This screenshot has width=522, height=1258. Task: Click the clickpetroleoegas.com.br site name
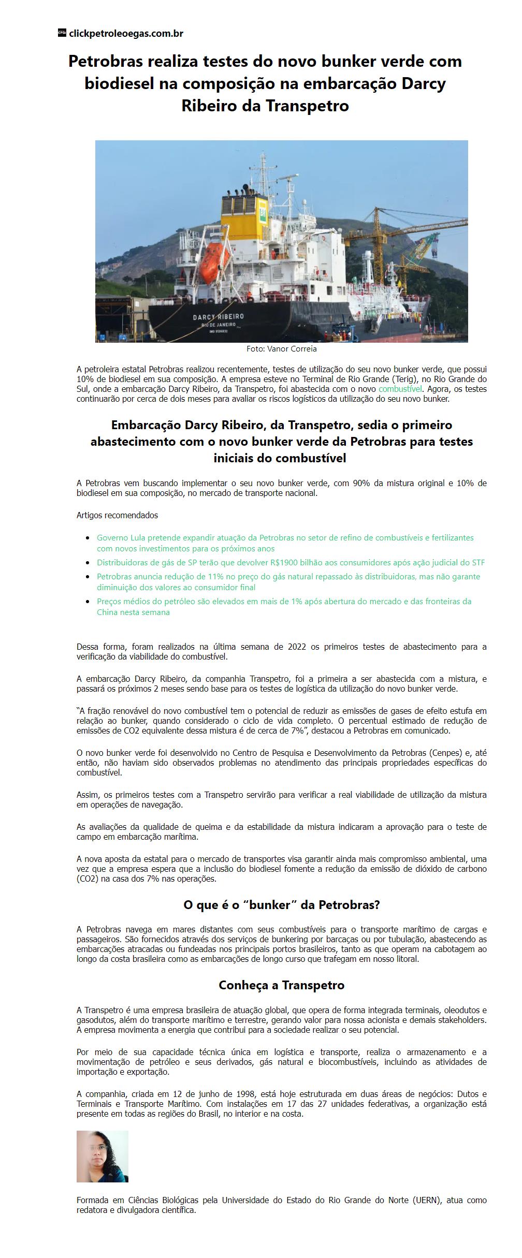126,34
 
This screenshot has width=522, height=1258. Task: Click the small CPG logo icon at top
62,33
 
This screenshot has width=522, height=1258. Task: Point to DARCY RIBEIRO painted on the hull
219,316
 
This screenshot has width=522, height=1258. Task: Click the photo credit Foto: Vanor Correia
281,349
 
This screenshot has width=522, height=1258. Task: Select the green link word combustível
400,389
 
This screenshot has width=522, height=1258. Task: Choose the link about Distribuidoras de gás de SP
291,563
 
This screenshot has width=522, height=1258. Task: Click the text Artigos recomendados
117,516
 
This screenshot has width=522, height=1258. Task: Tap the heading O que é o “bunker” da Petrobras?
282,905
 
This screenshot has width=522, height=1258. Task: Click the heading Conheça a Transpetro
281,985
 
